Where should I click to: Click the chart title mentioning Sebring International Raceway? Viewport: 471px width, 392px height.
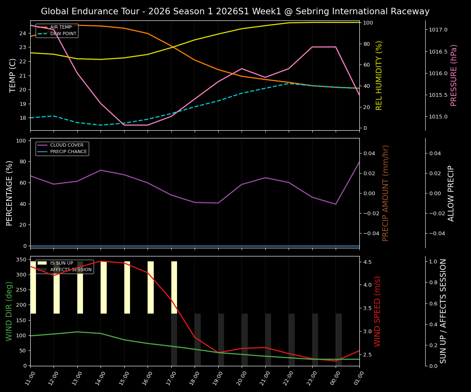point(235,11)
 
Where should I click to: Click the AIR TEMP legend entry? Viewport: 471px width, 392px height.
point(61,27)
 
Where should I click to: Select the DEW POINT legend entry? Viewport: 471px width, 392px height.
point(63,34)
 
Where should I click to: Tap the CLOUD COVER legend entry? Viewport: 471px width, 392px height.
point(67,145)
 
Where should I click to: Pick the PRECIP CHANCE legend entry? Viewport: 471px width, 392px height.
point(68,152)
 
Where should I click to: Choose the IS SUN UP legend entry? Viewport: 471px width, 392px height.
point(61,263)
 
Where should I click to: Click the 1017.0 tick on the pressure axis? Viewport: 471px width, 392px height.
point(438,30)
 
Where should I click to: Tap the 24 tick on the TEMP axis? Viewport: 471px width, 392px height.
point(23,33)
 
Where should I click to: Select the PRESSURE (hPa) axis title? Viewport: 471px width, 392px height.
point(454,75)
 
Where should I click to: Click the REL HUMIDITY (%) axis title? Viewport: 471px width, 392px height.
point(379,75)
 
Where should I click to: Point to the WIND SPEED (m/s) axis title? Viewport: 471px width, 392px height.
point(377,311)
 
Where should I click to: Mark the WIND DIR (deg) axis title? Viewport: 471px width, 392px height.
point(9,311)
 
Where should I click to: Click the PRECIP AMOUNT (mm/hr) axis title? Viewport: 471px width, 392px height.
point(386,193)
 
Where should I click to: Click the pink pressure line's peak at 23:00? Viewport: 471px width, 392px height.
point(312,47)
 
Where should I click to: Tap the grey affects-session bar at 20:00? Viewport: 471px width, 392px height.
point(244,339)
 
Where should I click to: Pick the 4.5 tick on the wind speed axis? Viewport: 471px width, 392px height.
point(367,262)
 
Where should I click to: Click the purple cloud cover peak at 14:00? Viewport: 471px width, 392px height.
point(101,170)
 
